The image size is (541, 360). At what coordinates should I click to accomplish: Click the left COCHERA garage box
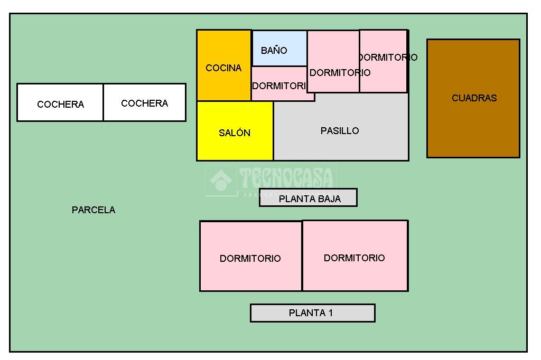(x=60, y=102)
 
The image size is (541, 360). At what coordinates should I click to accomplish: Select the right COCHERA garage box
(x=144, y=102)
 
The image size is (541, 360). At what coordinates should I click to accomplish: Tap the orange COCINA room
(x=223, y=66)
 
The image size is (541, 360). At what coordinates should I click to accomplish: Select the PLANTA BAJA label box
(x=308, y=198)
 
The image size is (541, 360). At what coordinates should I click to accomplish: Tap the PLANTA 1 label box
(x=312, y=312)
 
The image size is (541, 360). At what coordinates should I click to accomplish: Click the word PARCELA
(x=94, y=210)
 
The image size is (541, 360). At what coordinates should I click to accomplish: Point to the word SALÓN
(x=235, y=133)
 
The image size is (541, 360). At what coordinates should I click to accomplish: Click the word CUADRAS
(x=474, y=98)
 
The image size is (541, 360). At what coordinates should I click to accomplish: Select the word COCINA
(x=223, y=68)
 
